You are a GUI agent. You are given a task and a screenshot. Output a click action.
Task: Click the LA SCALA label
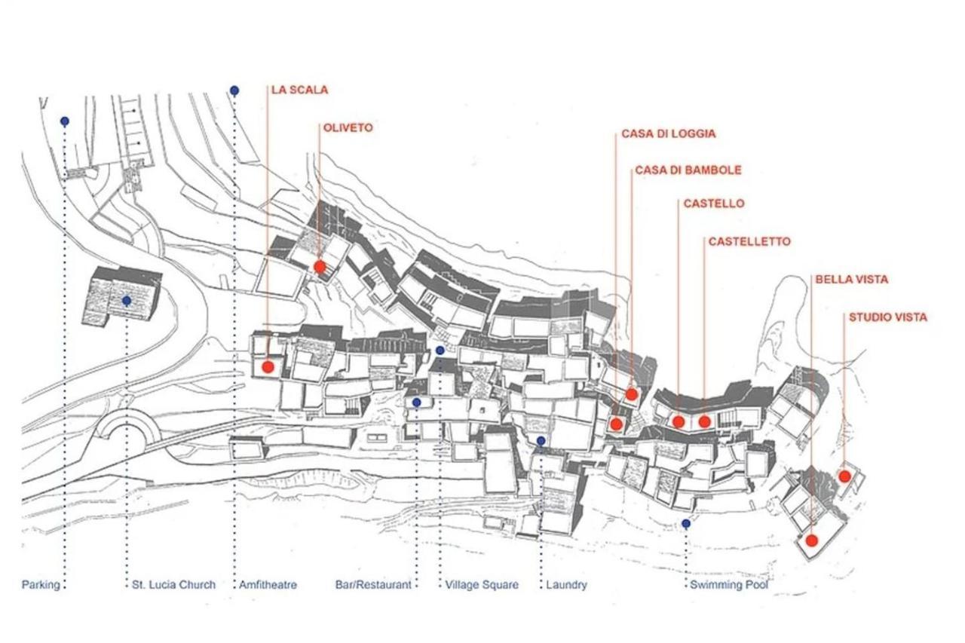(300, 90)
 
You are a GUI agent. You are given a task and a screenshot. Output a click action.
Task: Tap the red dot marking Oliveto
(320, 267)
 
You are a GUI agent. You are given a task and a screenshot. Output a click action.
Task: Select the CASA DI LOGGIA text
(669, 133)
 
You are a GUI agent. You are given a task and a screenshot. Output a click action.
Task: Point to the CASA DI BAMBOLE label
(688, 170)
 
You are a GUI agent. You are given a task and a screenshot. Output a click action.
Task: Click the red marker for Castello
(679, 421)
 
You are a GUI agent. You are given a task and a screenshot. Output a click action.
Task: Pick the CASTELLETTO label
(749, 242)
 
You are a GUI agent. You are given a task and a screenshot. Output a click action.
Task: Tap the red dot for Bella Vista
(812, 541)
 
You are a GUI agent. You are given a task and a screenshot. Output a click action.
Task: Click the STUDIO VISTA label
(888, 317)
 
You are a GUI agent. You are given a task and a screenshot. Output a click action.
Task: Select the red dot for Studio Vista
(845, 476)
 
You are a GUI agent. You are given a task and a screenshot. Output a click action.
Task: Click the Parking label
(41, 585)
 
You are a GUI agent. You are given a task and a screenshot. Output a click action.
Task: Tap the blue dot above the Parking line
(65, 121)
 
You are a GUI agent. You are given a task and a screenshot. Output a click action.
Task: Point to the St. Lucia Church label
(173, 585)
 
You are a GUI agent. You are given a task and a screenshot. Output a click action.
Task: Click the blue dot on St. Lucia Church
(127, 300)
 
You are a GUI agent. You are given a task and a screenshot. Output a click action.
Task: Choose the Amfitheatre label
(268, 585)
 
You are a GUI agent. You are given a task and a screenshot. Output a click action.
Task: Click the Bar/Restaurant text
(373, 585)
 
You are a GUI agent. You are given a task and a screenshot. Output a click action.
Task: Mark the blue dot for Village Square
(440, 351)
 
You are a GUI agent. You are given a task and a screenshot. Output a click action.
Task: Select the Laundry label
(566, 585)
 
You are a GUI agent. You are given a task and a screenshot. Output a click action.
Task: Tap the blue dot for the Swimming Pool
(686, 524)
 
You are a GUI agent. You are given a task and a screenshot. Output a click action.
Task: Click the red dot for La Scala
(268, 367)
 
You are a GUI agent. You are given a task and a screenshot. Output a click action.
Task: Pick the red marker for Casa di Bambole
(632, 394)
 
